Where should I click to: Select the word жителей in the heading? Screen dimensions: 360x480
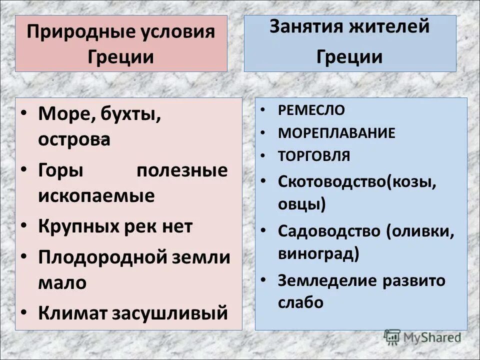[392, 26]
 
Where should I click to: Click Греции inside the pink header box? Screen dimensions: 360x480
[120, 56]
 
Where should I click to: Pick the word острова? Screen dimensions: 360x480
[74, 139]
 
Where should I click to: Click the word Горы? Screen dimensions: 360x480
[60, 171]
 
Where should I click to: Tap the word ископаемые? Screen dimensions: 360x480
[96, 195]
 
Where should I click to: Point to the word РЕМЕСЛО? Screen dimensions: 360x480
[311, 110]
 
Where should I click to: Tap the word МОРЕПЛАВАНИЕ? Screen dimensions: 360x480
[336, 133]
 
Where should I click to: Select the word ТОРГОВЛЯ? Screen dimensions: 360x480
[314, 156]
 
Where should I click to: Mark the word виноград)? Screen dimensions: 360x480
[318, 253]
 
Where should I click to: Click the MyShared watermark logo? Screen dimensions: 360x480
[422, 337]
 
